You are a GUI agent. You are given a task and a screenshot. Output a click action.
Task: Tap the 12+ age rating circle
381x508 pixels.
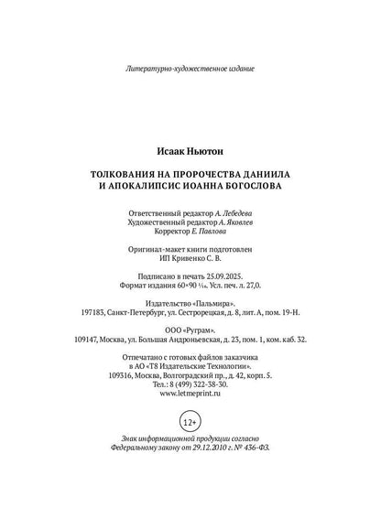point(190,423)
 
